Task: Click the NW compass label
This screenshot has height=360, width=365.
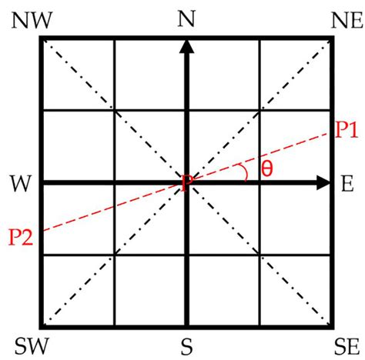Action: click(x=32, y=20)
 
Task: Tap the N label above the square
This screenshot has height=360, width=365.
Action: click(x=187, y=18)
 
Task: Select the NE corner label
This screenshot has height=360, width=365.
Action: click(x=347, y=20)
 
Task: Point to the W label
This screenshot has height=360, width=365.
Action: click(x=21, y=184)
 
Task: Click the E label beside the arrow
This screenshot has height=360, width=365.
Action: click(x=347, y=184)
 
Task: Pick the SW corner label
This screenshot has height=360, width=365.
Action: click(x=32, y=346)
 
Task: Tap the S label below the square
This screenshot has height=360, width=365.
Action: click(x=186, y=347)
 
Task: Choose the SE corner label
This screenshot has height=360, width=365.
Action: click(x=347, y=346)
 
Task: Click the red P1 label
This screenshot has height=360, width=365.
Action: click(x=347, y=130)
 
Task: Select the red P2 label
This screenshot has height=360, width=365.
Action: click(x=21, y=237)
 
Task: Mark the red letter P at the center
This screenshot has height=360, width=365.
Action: click(x=187, y=183)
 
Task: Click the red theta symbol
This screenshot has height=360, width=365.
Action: click(x=267, y=169)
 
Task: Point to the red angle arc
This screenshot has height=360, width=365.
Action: click(x=245, y=172)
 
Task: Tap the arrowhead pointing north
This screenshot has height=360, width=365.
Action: click(x=187, y=46)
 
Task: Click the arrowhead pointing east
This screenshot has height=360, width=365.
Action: click(x=323, y=183)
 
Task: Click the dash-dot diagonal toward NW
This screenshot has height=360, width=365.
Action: click(x=116, y=112)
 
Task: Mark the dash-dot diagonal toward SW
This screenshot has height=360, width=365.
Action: click(x=116, y=255)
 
